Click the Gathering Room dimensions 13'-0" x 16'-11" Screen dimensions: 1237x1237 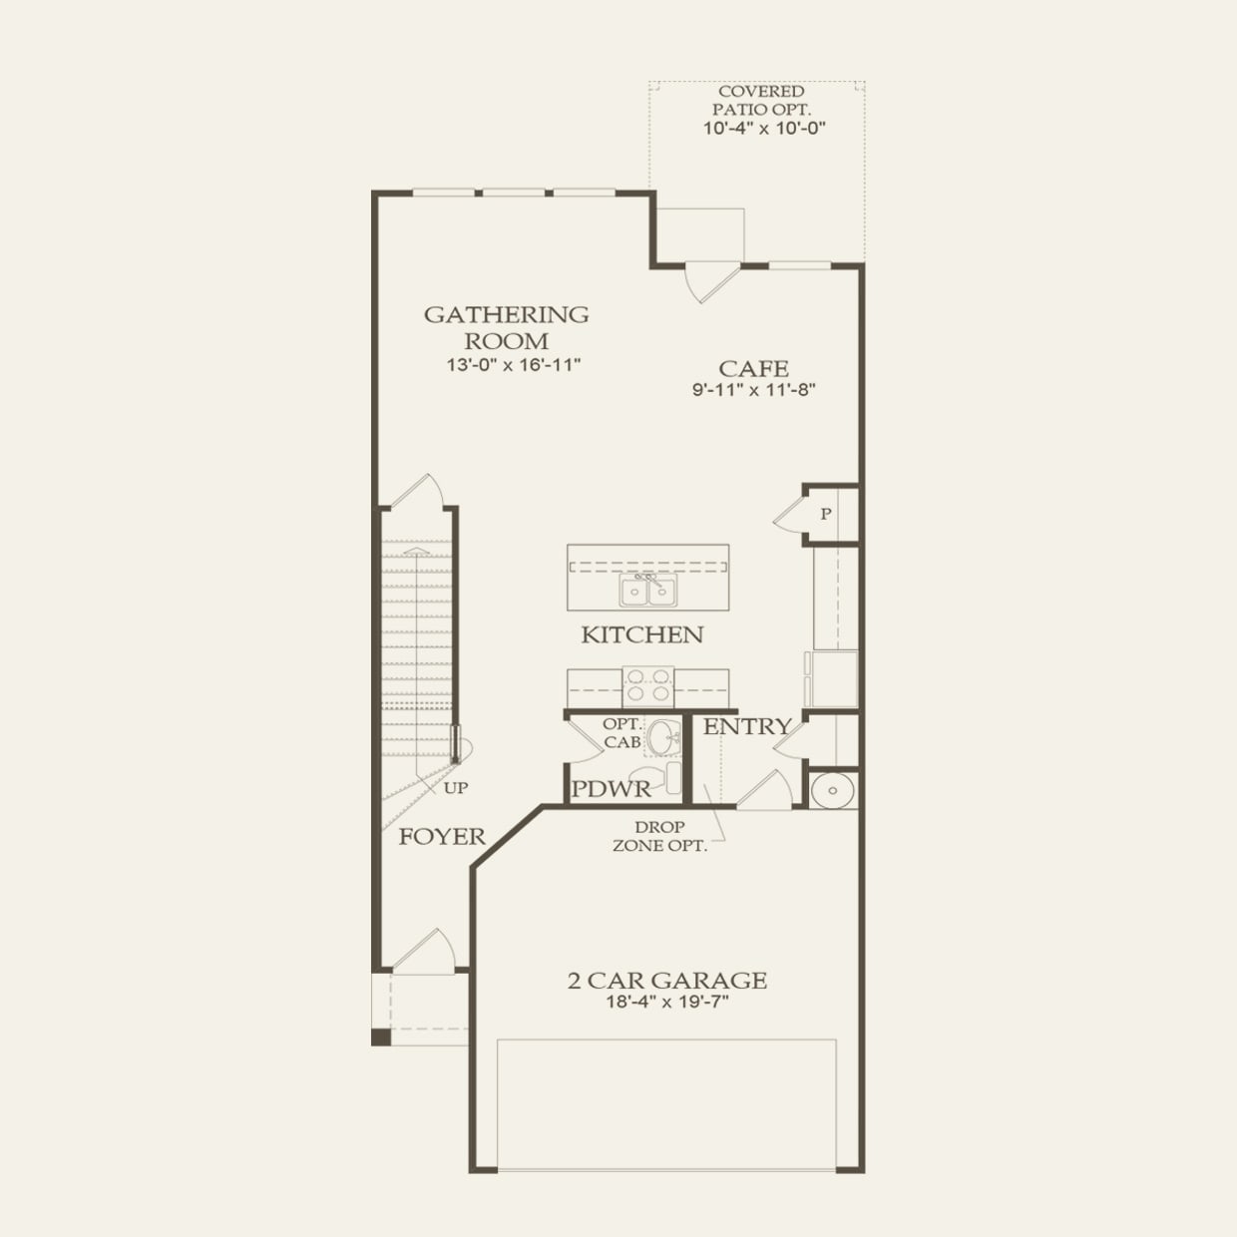513,365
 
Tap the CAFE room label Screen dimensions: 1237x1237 753,368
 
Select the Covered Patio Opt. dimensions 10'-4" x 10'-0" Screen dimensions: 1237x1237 764,128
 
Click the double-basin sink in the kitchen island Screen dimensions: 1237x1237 647,591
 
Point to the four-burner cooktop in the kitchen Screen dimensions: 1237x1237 647,686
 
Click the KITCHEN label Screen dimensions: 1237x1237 641,634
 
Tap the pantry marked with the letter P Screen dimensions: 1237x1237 826,515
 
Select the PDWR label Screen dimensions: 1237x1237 611,789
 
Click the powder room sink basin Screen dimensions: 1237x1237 661,739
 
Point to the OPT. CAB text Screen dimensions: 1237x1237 621,733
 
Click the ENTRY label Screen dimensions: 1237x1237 746,727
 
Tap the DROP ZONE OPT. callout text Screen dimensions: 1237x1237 659,836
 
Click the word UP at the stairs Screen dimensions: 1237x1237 456,788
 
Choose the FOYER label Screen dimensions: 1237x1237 442,837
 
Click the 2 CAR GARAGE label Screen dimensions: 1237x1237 666,981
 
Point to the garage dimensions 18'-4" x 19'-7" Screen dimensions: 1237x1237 666,1003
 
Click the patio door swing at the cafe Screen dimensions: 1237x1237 710,281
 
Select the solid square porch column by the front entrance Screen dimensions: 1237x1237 381,1037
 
